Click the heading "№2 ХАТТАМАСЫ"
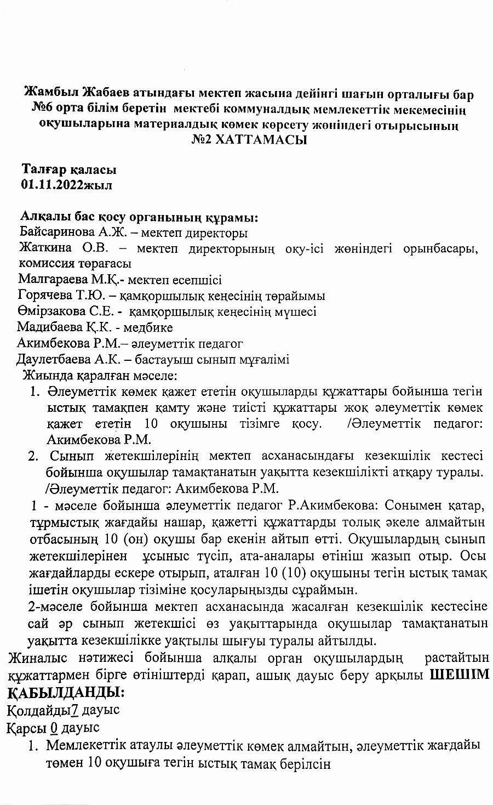[249, 140]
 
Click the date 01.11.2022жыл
[66, 184]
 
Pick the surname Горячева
[45, 296]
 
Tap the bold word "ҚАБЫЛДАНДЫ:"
[66, 692]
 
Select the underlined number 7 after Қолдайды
[76, 710]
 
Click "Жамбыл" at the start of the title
[50, 94]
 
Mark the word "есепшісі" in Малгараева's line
[198, 280]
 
